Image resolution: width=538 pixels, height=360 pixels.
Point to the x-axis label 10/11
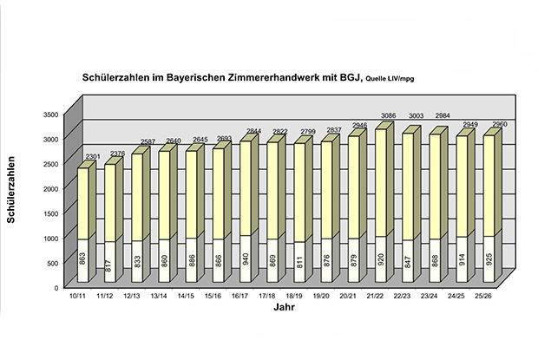tap(79, 296)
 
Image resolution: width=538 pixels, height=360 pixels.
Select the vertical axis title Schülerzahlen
tap(12, 188)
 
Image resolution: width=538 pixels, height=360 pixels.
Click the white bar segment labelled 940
tap(246, 259)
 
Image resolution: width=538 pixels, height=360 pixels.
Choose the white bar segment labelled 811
tap(299, 261)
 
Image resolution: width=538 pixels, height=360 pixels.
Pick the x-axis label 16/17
tap(241, 296)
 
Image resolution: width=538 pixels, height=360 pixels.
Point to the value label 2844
tap(254, 132)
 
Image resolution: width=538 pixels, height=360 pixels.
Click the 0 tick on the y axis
tap(55, 287)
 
